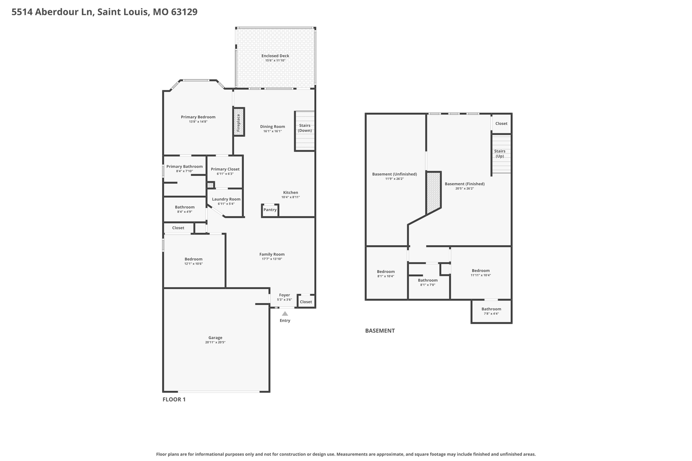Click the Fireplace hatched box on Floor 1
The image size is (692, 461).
point(239,122)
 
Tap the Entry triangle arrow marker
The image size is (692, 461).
point(285,314)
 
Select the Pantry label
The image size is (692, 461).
point(270,210)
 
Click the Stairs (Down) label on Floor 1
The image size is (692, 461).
point(305,128)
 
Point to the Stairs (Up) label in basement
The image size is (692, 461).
point(500,154)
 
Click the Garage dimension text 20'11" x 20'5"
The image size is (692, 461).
point(215,342)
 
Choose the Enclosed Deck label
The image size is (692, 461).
point(275,56)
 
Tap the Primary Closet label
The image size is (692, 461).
point(225,169)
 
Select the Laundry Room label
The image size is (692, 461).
point(226,199)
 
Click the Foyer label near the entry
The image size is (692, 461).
point(285,295)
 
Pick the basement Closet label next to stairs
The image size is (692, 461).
point(501,124)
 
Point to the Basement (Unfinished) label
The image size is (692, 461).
point(394,174)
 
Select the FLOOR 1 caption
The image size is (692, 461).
point(174,400)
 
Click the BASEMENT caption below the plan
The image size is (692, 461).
point(380,331)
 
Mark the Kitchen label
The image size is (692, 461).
point(291,193)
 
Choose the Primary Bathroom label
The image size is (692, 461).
point(184,167)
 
